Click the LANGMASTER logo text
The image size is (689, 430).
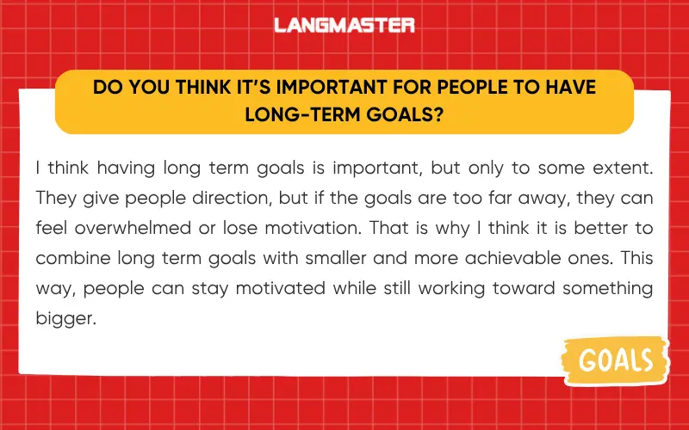click(x=344, y=26)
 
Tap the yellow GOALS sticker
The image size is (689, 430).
click(x=616, y=359)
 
